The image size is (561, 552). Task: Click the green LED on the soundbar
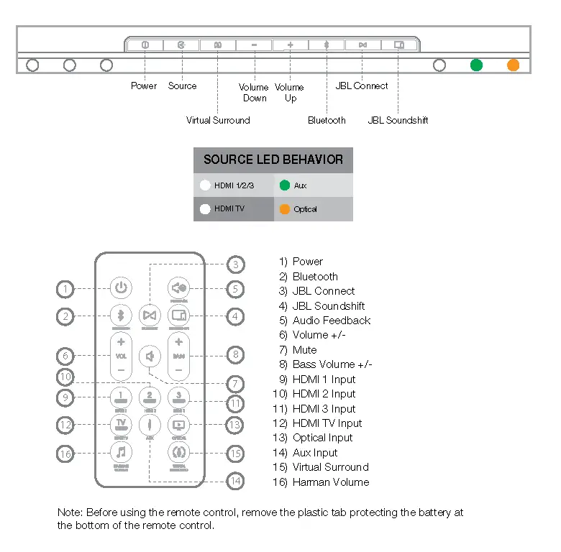click(x=476, y=65)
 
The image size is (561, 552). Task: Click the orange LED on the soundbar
click(x=513, y=65)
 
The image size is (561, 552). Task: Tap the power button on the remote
click(x=121, y=289)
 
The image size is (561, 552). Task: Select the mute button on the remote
click(x=150, y=356)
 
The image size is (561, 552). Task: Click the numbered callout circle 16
click(x=65, y=454)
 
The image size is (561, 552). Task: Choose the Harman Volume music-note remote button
click(x=121, y=453)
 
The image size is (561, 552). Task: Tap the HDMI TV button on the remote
click(x=121, y=424)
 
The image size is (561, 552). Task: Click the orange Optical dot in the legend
click(x=285, y=209)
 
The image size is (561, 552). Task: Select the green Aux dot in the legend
click(x=285, y=185)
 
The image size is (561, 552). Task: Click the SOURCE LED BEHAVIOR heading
click(x=273, y=160)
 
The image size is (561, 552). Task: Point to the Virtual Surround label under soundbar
click(x=218, y=121)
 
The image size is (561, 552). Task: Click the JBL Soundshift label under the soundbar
click(x=398, y=121)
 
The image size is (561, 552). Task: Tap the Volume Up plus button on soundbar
click(x=291, y=45)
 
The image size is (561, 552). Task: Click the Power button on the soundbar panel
click(x=145, y=45)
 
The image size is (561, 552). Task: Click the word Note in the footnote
click(x=69, y=512)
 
